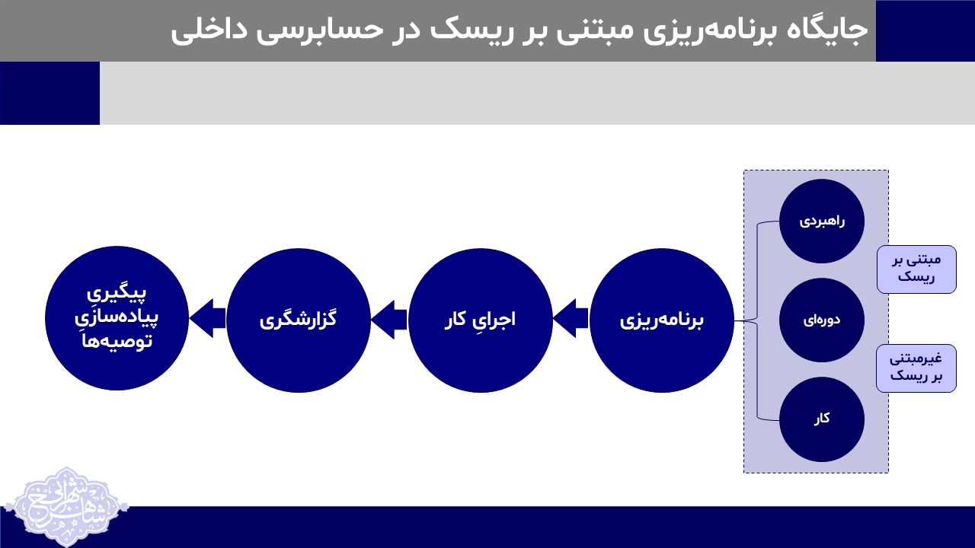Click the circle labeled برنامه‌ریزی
point(661,320)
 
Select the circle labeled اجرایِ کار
point(480,320)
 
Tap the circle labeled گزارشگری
point(299,320)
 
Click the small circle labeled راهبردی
point(822,221)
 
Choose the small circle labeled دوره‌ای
point(822,320)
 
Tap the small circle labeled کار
point(822,419)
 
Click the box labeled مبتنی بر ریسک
point(916,269)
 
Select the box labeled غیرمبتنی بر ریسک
point(916,368)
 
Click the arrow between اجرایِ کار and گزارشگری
point(388,319)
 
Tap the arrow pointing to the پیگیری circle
point(207,319)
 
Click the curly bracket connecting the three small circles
point(756,320)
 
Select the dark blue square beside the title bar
point(925,30)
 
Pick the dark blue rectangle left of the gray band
point(50,93)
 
